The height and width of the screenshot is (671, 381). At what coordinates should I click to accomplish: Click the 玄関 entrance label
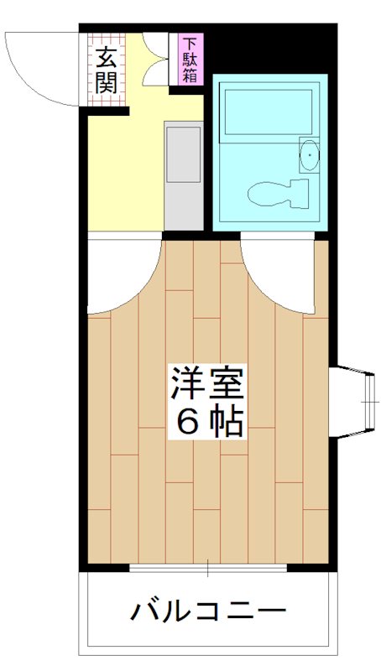106,70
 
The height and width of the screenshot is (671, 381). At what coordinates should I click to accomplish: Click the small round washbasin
310,155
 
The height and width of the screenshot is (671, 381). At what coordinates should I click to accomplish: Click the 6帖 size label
207,422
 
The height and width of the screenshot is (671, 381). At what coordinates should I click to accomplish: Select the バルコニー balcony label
207,611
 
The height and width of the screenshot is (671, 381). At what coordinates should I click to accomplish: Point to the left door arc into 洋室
122,277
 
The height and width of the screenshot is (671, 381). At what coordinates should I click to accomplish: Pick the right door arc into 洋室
279,277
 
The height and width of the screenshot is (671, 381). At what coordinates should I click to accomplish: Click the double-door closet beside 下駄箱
155,59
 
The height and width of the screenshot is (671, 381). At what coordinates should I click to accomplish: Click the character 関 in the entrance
106,83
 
